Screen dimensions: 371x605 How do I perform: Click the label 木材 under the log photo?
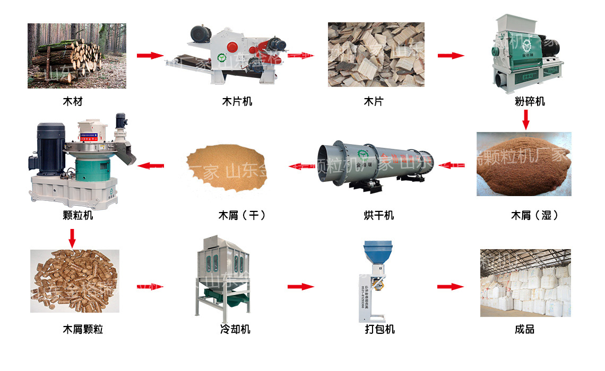[x=73, y=101]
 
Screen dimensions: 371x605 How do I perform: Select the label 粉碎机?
[x=530, y=101]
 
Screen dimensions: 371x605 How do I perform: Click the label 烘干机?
[x=378, y=215]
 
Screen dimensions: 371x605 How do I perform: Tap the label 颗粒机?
[x=77, y=215]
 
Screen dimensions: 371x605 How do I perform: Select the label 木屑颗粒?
[x=83, y=330]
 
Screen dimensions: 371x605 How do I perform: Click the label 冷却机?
[x=235, y=330]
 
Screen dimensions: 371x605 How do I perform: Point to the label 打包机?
[x=379, y=330]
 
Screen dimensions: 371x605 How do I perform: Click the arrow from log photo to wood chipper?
[x=150, y=56]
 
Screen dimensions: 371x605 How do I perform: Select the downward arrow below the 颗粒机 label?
[x=72, y=237]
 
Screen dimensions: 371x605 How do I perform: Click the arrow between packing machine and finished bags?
[x=450, y=287]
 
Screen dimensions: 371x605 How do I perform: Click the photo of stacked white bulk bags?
[x=525, y=283]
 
